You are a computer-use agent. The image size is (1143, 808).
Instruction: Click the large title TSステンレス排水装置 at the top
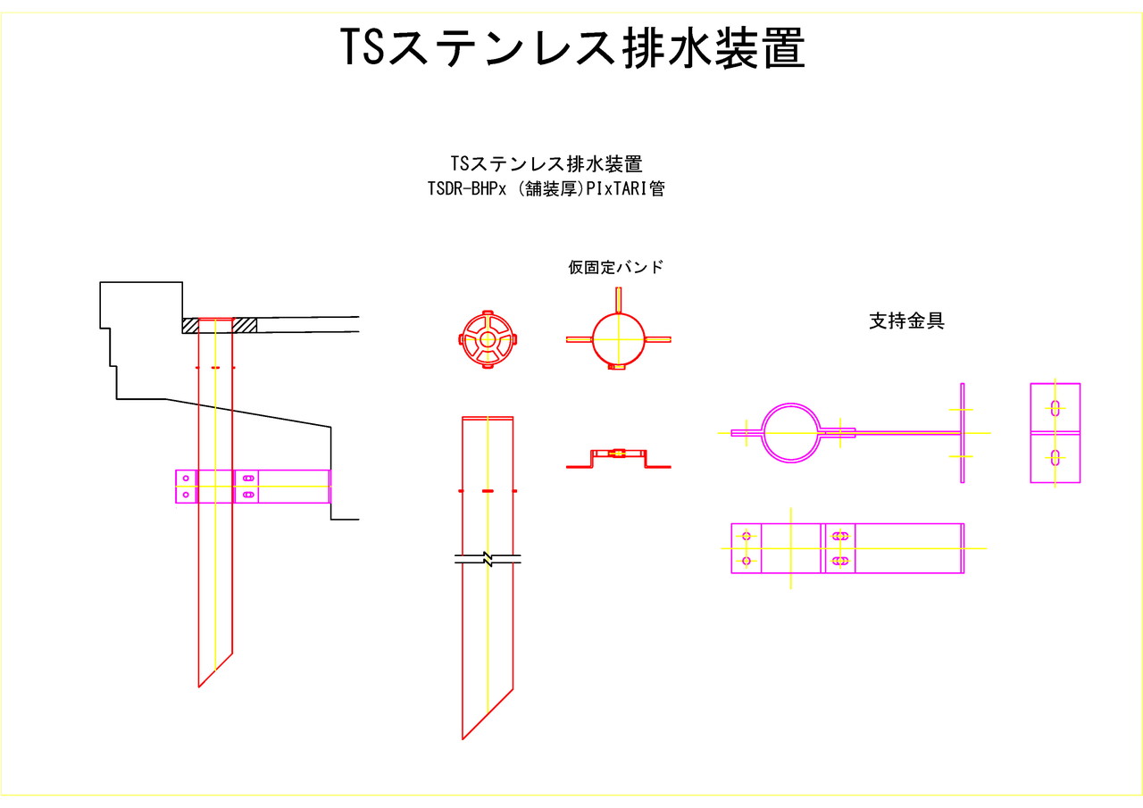point(572,49)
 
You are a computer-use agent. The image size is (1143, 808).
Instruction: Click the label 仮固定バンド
point(616,267)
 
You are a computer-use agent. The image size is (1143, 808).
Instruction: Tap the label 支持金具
point(906,321)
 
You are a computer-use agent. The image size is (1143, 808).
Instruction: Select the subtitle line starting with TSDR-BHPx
point(546,189)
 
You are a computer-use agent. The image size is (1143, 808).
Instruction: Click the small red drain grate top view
point(487,340)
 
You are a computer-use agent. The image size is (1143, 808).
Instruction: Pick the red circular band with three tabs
point(618,339)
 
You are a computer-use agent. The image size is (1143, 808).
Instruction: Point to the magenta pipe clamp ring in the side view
point(790,433)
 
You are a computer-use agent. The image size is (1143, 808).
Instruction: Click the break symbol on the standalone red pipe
point(488,560)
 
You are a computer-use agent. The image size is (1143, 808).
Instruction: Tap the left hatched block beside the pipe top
point(190,325)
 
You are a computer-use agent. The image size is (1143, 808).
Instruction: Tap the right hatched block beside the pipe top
point(245,325)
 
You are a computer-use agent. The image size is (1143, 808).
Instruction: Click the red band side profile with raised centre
point(618,457)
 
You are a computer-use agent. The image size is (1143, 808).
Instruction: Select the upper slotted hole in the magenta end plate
point(1055,409)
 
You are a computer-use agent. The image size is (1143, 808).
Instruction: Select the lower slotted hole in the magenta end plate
point(1055,458)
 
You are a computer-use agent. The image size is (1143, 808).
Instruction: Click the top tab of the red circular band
point(618,298)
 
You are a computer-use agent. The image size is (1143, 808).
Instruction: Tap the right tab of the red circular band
point(658,339)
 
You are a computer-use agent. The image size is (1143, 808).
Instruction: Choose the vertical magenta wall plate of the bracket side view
point(963,433)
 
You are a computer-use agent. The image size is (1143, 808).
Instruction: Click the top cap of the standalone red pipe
point(488,418)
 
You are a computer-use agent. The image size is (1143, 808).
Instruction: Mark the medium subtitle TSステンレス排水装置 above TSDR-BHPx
point(546,164)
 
